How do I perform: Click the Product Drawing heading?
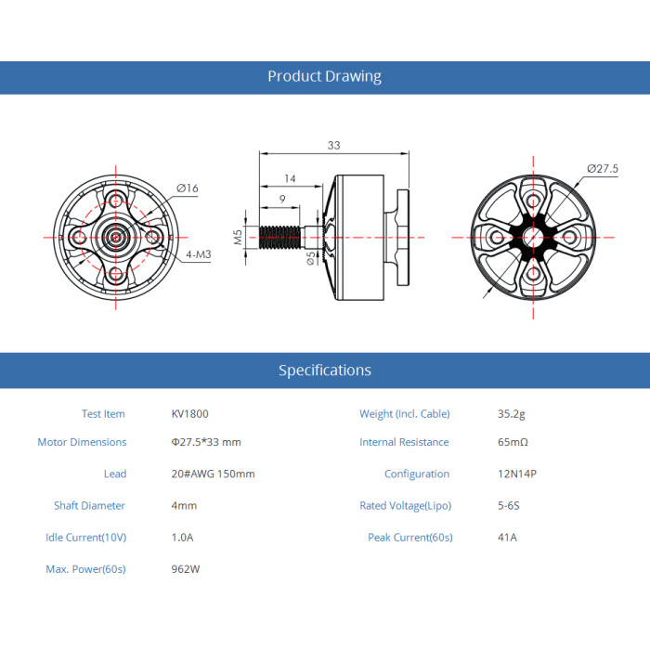tap(325, 76)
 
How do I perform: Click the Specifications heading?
tap(325, 370)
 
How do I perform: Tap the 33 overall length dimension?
tap(333, 146)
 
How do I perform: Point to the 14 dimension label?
tap(290, 178)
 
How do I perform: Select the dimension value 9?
tap(282, 199)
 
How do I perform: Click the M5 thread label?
tap(238, 237)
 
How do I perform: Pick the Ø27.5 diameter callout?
tap(603, 169)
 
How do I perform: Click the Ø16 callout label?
tap(188, 188)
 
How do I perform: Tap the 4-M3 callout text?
tap(199, 254)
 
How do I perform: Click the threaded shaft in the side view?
tap(279, 238)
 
